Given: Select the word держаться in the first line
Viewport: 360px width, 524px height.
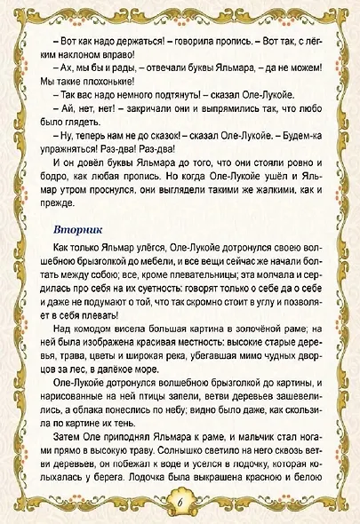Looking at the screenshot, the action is (x=124, y=44).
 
